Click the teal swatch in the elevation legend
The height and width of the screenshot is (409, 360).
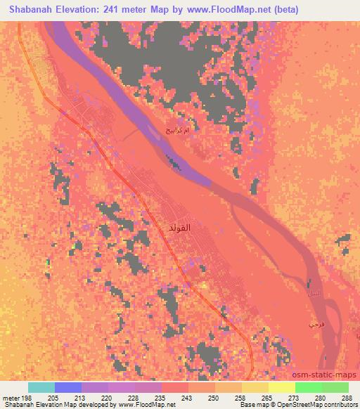point(41,387)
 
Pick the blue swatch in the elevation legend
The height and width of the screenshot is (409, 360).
point(68,387)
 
